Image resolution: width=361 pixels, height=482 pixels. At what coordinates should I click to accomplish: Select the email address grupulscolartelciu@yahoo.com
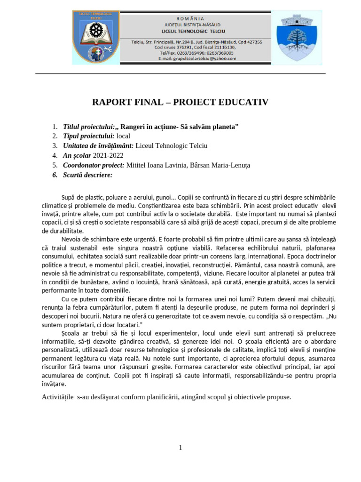(197, 59)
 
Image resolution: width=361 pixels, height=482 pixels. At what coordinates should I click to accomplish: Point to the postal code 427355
(252, 42)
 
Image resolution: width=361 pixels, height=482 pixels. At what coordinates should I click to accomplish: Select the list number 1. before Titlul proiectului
(55, 127)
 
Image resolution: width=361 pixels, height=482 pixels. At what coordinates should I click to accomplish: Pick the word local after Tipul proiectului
(124, 136)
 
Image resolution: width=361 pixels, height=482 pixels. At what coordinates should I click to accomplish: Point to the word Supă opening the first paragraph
(69, 197)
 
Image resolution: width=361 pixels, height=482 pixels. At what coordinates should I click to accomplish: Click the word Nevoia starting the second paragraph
(72, 239)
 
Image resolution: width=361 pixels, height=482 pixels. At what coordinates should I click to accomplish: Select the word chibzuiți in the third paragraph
(321, 299)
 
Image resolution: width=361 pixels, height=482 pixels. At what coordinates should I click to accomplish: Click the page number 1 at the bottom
(180, 448)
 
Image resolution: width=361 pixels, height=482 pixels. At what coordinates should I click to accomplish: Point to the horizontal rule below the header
(180, 73)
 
